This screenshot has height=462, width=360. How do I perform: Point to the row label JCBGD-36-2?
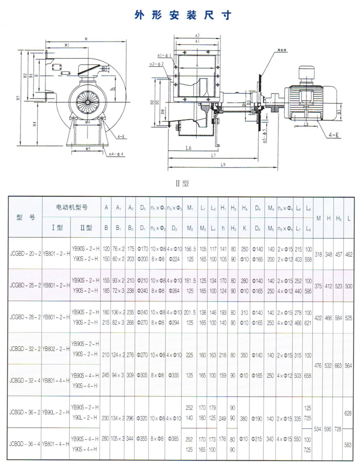point(23,412)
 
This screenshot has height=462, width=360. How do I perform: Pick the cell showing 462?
point(348,253)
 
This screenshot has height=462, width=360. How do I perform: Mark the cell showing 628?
point(348,413)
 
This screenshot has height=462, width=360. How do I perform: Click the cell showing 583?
point(348,444)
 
